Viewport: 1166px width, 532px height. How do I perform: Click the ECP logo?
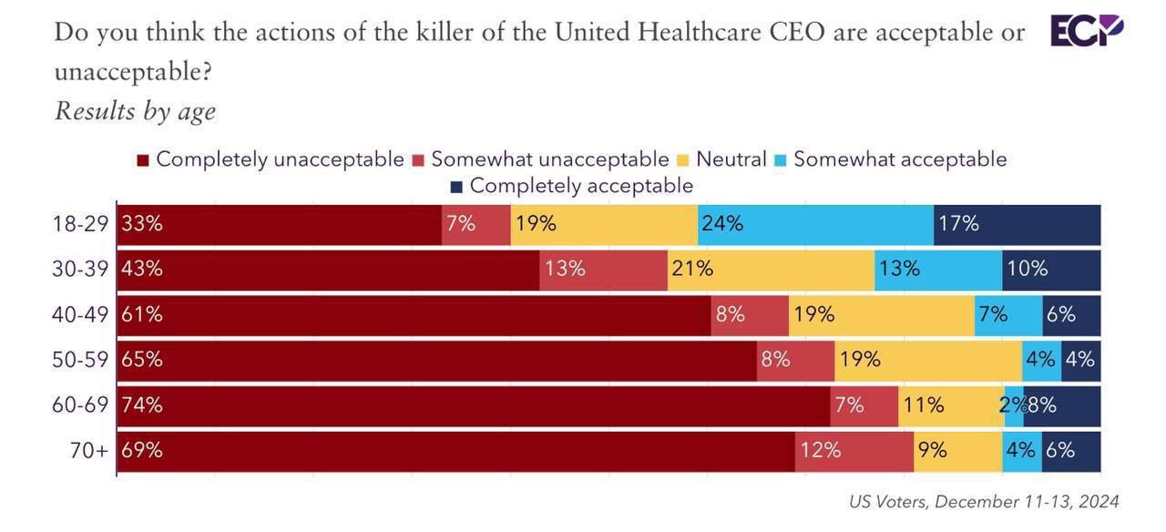[1087, 30]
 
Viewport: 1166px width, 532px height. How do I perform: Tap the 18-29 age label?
[81, 224]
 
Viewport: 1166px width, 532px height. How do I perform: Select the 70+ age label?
[89, 450]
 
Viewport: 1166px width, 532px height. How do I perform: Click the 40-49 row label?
[81, 314]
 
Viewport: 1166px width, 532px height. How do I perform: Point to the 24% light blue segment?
[815, 224]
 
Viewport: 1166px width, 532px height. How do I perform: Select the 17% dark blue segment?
[1017, 224]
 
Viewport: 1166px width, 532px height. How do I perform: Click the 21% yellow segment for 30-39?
[771, 270]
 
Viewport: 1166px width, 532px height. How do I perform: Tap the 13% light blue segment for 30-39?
[938, 270]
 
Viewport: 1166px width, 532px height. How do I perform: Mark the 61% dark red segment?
[414, 315]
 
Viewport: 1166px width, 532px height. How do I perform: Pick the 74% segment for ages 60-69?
[474, 405]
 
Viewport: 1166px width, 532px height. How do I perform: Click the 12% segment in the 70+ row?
[854, 451]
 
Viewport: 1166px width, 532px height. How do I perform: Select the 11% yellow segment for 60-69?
[950, 405]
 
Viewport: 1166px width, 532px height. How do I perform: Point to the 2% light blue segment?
[1013, 405]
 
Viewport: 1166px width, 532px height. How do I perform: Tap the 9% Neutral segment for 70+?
[957, 451]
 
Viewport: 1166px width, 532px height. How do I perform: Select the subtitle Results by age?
[135, 111]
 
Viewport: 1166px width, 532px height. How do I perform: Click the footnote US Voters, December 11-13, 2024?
[983, 502]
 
